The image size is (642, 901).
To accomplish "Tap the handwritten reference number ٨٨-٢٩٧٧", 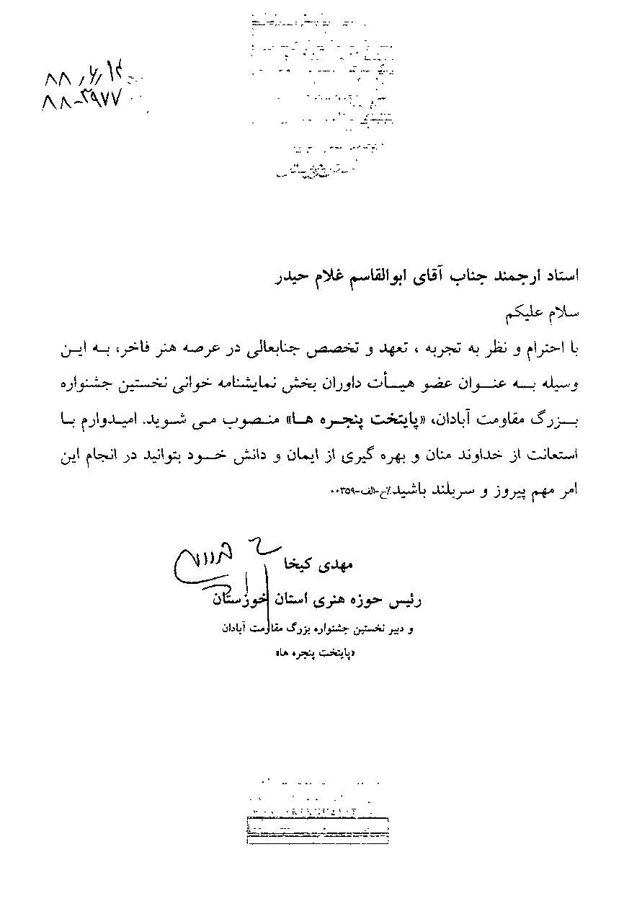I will pyautogui.click(x=84, y=100).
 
